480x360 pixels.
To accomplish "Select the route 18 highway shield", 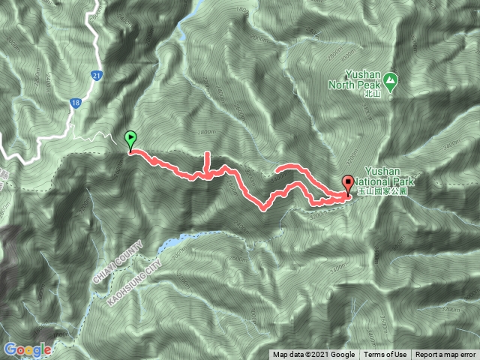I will coord(76,106).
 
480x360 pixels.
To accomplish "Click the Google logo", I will coord(27,350).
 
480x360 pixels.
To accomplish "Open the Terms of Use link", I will coord(385,355).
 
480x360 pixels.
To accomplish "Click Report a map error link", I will coord(445,355).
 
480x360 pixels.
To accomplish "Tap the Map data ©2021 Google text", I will coord(313,355).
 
